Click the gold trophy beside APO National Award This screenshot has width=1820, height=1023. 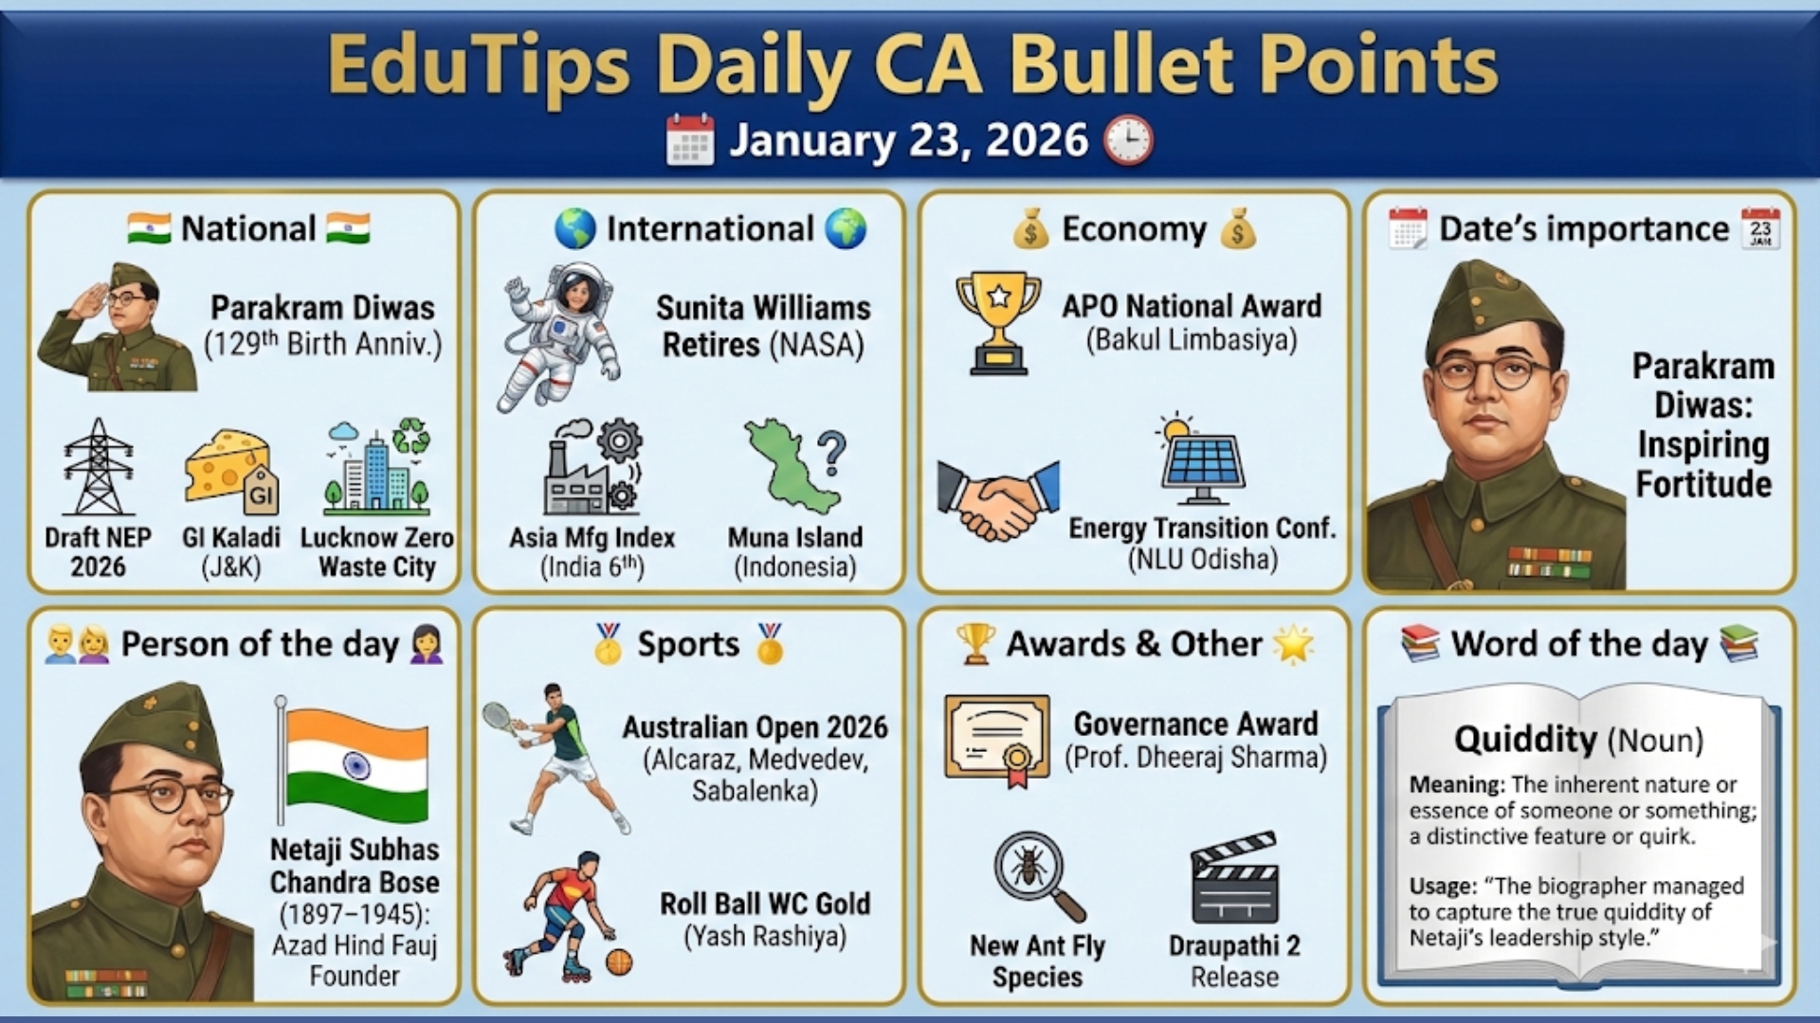998,323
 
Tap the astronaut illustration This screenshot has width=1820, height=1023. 560,336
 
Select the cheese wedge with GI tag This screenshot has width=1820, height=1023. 230,469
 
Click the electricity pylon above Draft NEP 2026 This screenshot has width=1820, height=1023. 98,467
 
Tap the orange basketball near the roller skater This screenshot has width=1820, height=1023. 618,962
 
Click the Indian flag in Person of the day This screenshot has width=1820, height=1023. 355,764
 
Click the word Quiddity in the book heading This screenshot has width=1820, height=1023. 1525,740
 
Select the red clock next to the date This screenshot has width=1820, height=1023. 1128,140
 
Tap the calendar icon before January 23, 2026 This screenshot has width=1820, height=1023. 690,140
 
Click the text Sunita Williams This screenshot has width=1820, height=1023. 762,308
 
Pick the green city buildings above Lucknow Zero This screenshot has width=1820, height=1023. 376,468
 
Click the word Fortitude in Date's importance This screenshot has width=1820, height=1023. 1703,484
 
